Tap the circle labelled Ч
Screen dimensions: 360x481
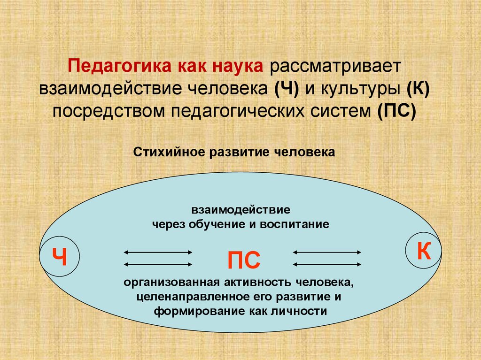pyautogui.click(x=60, y=256)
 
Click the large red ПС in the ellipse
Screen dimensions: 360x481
pyautogui.click(x=243, y=260)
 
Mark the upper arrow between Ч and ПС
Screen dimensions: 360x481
pyautogui.click(x=158, y=253)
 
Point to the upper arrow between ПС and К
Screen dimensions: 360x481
pyautogui.click(x=327, y=253)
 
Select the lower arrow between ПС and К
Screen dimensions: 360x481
pyautogui.click(x=327, y=264)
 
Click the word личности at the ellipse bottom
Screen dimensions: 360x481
pyautogui.click(x=302, y=311)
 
